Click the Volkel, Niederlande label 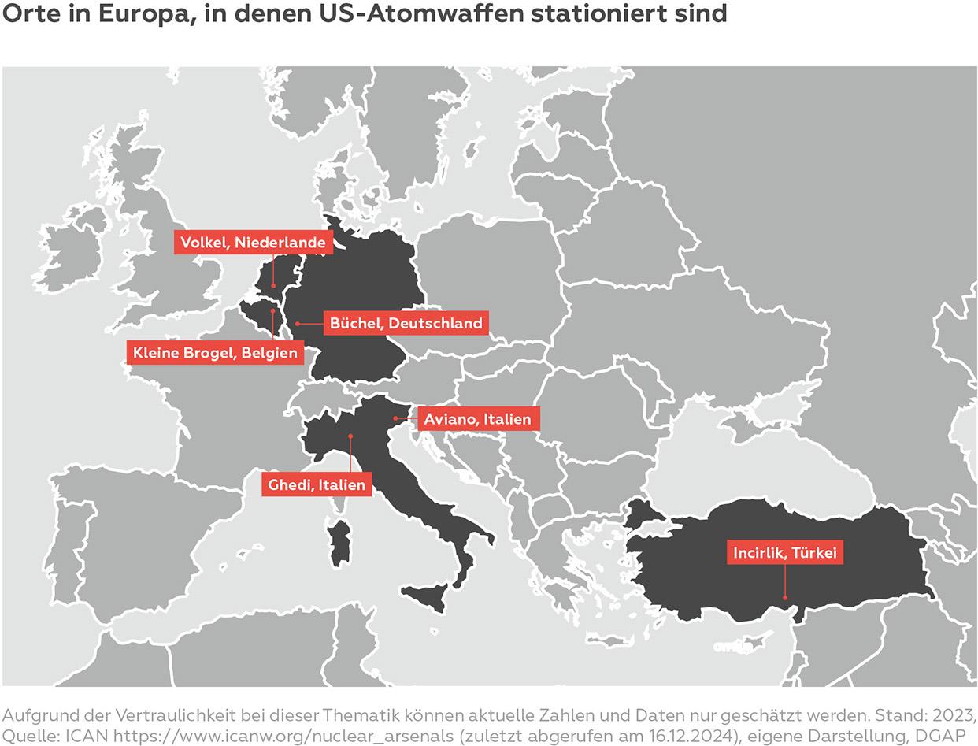[x=253, y=243]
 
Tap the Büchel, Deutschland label [x=406, y=323]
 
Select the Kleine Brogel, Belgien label [x=215, y=352]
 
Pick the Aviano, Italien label [x=477, y=419]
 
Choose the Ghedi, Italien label [x=317, y=484]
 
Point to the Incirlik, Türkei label [x=784, y=553]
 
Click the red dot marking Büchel [x=298, y=323]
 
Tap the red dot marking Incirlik [x=784, y=598]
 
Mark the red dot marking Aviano [x=395, y=419]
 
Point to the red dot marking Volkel [x=273, y=285]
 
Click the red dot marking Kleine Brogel [x=273, y=311]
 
